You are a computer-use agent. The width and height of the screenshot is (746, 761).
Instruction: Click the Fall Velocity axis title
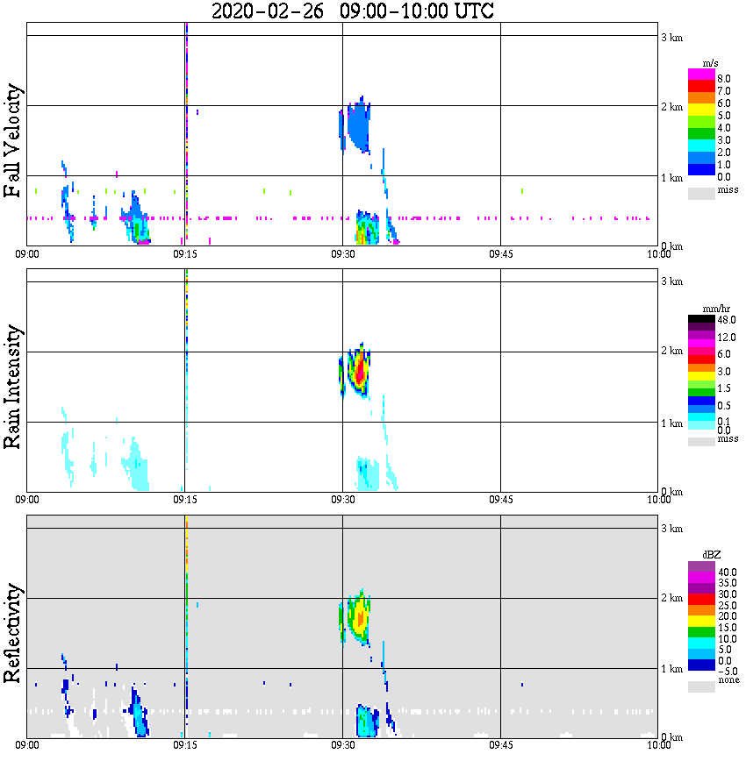click(x=13, y=141)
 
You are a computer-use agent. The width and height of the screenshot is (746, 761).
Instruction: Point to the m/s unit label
click(x=712, y=63)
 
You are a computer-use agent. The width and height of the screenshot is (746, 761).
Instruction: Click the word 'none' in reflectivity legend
click(x=728, y=680)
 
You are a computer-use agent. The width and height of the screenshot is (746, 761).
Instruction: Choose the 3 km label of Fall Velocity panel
click(x=671, y=37)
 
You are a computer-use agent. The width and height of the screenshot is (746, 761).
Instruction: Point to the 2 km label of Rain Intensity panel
click(x=671, y=352)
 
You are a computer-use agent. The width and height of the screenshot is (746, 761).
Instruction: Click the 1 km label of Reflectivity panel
click(x=671, y=669)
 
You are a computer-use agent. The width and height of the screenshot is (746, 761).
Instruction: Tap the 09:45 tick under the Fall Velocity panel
click(x=500, y=253)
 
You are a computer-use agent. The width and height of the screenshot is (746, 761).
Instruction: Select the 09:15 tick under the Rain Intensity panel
click(x=184, y=499)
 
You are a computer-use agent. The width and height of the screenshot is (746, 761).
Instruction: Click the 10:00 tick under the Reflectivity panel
click(x=658, y=745)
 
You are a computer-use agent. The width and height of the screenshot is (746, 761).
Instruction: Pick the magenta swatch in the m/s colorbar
click(x=701, y=75)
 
